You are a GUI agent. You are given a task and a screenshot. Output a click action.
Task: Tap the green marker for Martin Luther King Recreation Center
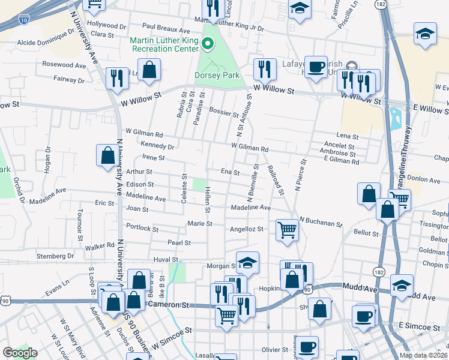click(x=208, y=43)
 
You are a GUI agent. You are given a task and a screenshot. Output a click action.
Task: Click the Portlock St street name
click(x=142, y=229)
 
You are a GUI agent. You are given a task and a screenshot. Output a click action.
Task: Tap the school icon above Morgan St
click(x=247, y=262)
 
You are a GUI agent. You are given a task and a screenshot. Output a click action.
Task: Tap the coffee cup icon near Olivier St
click(x=309, y=347)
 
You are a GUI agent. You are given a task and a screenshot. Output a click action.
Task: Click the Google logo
click(x=20, y=353)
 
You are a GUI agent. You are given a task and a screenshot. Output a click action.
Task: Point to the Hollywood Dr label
click(x=107, y=26)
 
